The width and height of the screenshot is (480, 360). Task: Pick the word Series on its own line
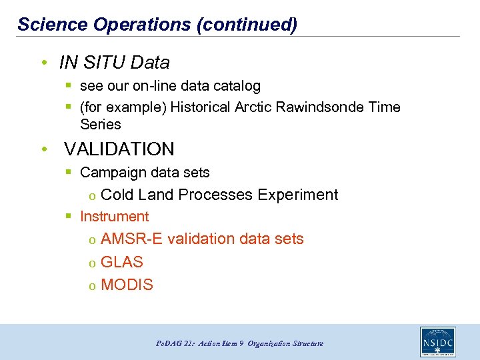[100, 125]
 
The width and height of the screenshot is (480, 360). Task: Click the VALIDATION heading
[119, 149]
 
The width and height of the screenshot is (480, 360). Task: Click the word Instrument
[114, 217]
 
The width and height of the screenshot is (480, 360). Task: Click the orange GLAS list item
[121, 262]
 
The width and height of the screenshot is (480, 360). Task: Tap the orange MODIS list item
[127, 285]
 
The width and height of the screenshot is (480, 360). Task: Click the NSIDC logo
[437, 341]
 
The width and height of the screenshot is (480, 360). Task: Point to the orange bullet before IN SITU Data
[43, 63]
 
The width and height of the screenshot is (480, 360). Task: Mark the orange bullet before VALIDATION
[43, 149]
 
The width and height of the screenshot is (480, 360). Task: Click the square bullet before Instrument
[69, 217]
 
